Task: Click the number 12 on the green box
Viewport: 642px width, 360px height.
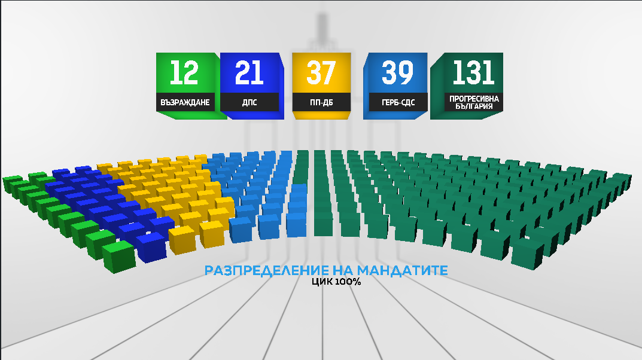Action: [x=184, y=73]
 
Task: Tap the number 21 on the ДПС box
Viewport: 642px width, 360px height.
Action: [x=249, y=73]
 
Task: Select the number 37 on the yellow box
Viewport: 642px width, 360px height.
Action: [x=321, y=73]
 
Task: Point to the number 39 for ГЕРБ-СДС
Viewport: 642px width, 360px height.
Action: [x=397, y=73]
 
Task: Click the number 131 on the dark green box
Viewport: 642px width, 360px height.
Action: [x=473, y=73]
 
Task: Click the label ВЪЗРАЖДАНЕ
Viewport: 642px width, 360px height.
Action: [x=185, y=102]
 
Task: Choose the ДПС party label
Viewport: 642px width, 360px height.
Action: [x=250, y=102]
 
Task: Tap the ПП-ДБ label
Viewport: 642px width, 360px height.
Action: [x=321, y=102]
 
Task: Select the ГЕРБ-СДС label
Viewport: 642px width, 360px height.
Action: [x=398, y=102]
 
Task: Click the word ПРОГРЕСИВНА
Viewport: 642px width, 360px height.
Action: [x=474, y=99]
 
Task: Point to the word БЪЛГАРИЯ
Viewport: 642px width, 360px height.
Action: [x=474, y=106]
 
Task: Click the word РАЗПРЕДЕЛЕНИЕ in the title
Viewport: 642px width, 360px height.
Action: [x=266, y=270]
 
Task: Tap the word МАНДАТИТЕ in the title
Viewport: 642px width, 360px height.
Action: [x=403, y=270]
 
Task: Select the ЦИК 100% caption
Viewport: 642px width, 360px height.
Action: [x=336, y=282]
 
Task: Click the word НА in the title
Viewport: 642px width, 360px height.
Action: [x=342, y=270]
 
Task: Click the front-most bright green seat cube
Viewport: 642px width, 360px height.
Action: [x=118, y=257]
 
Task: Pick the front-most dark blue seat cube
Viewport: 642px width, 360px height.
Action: [x=151, y=247]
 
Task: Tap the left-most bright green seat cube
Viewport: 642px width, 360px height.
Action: [x=13, y=184]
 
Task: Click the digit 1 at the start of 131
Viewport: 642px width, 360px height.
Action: [x=458, y=73]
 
